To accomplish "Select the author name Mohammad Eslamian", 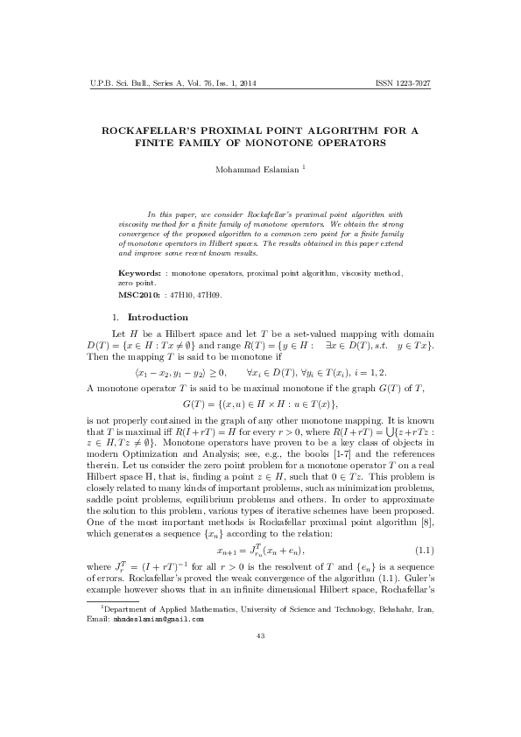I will click(x=257, y=169).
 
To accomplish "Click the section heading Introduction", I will click(x=158, y=316).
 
